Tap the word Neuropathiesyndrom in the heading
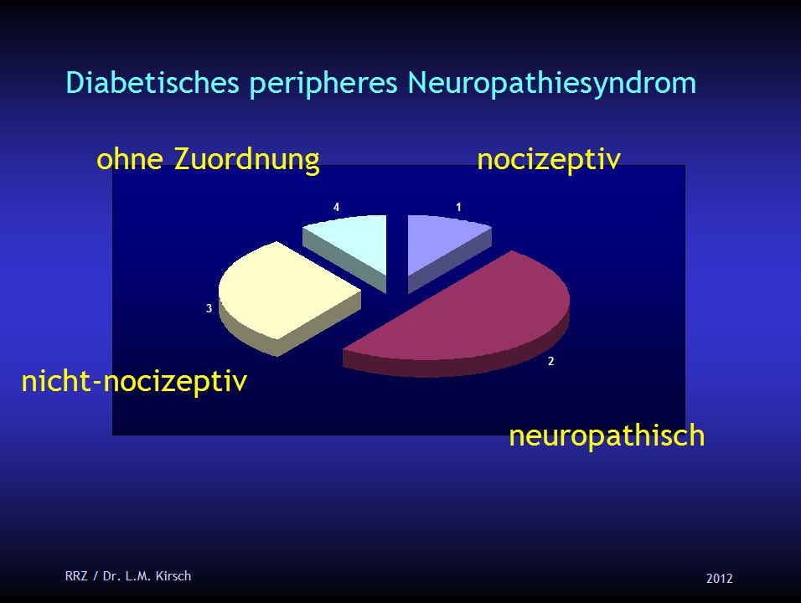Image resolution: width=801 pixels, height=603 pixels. point(552,83)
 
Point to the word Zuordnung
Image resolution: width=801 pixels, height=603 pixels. point(246,159)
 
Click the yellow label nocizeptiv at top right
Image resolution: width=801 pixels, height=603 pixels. point(549,159)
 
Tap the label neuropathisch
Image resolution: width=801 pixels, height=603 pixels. point(607,436)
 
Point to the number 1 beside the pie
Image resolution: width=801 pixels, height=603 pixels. point(459,206)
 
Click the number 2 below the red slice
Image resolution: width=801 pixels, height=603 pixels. point(551,362)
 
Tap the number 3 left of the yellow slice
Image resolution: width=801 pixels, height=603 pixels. point(209,309)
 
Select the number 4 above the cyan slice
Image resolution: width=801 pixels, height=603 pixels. point(336,206)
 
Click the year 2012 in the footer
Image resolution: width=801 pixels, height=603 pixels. point(719,578)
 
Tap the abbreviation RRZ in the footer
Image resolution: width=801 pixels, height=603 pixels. point(75,575)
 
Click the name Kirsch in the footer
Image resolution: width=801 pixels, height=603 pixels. point(173,575)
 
